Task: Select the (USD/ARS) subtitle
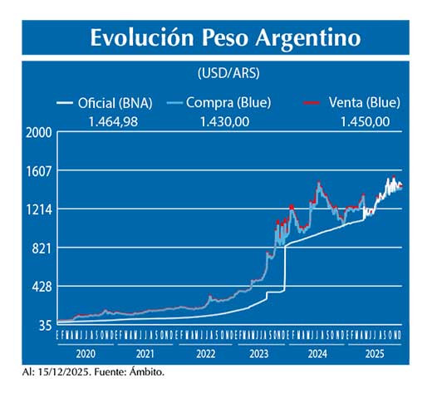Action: [228, 73]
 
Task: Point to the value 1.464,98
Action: [113, 121]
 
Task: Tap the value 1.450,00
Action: [365, 121]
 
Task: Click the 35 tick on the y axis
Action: [45, 325]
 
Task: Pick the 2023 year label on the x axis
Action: [259, 352]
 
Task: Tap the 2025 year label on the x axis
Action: [374, 352]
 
